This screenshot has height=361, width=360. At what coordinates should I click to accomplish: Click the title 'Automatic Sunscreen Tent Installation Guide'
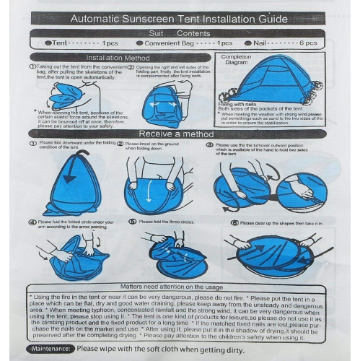[x=180, y=19]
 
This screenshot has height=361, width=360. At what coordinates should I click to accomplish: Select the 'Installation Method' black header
[x=118, y=58]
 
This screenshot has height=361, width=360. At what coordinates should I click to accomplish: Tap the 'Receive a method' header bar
[x=176, y=134]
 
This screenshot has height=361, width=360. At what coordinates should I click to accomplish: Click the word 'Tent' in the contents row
[x=61, y=43]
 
